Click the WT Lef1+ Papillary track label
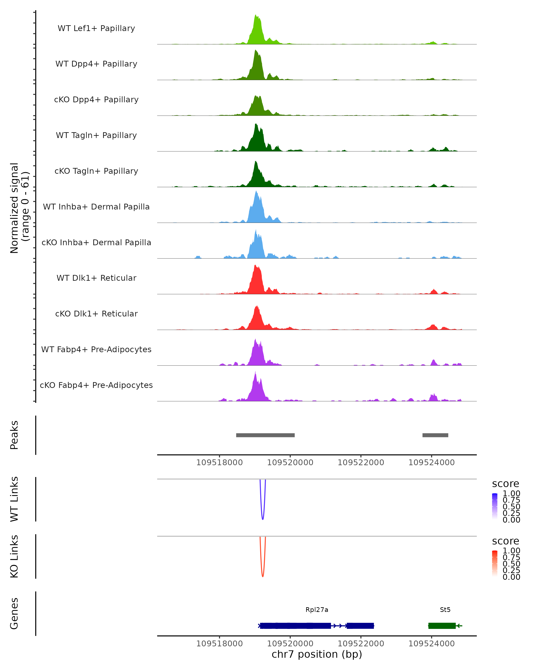pyautogui.click(x=96, y=28)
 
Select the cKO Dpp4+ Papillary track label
pyautogui.click(x=96, y=100)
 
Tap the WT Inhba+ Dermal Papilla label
pyautogui.click(x=96, y=207)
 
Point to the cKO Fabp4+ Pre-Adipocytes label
pyautogui.click(x=96, y=385)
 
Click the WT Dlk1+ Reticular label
pyautogui.click(x=96, y=278)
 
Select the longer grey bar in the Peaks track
pyautogui.click(x=265, y=435)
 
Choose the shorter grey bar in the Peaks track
pyautogui.click(x=435, y=435)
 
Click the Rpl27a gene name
pyautogui.click(x=317, y=610)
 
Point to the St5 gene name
pyautogui.click(x=445, y=610)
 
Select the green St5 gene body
pyautogui.click(x=442, y=626)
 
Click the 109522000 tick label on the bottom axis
pyautogui.click(x=361, y=644)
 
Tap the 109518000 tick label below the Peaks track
pyautogui.click(x=219, y=463)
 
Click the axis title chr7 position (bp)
pyautogui.click(x=317, y=654)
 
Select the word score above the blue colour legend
pyautogui.click(x=505, y=484)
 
